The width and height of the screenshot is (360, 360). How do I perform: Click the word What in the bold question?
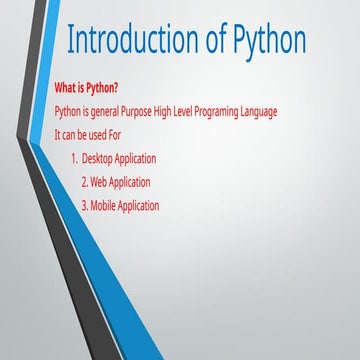point(66,85)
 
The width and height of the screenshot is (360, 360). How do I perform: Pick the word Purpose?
point(151,110)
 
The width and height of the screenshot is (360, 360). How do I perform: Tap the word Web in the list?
point(102,182)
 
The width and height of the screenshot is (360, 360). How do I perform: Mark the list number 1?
point(75,158)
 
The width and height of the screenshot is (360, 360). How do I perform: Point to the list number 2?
point(84,182)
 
